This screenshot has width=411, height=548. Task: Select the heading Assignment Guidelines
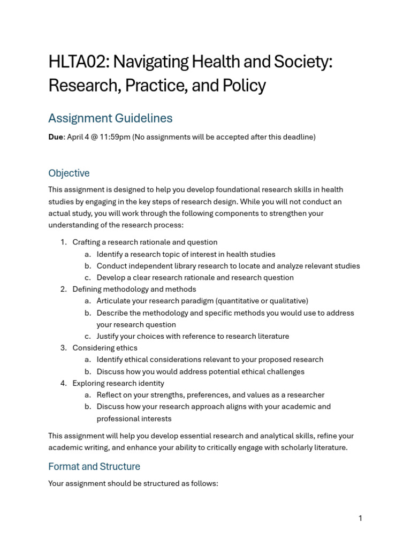pos(110,118)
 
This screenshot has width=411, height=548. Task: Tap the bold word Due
pos(56,137)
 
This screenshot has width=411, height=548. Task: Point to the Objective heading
pos(69,173)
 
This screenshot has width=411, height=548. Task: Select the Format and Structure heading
pos(94,466)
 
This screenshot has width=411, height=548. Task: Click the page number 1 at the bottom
pos(360,518)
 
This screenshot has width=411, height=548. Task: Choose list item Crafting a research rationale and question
pos(144,242)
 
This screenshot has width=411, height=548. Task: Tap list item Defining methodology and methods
pos(134,290)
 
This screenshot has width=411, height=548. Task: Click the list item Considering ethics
pos(105,348)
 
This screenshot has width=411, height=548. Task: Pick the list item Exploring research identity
pos(118,383)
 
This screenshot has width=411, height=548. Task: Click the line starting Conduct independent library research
pos(228,266)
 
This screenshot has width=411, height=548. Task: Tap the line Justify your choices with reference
pos(193,336)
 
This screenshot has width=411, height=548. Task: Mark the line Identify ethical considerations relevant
pos(210,360)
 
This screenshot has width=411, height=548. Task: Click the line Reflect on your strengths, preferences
pos(210,395)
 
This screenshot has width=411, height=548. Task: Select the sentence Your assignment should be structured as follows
pos(133,483)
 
